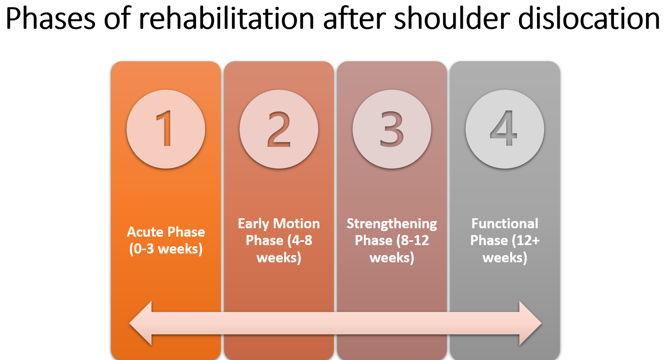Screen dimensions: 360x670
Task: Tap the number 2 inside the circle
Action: pyautogui.click(x=279, y=129)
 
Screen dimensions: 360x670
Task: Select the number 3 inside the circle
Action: pyautogui.click(x=392, y=129)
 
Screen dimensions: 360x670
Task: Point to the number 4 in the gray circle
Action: pyautogui.click(x=504, y=129)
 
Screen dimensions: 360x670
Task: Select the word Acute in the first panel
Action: pyautogui.click(x=145, y=232)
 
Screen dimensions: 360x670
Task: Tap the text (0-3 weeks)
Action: pyautogui.click(x=165, y=249)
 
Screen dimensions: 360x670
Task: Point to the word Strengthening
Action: pyautogui.click(x=392, y=224)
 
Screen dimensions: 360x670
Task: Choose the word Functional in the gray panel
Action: pyautogui.click(x=505, y=223)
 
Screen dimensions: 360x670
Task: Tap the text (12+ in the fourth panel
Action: pyautogui.click(x=525, y=240)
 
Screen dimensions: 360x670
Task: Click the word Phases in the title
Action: pyautogui.click(x=50, y=19)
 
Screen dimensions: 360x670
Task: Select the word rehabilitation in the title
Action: pyautogui.click(x=226, y=19)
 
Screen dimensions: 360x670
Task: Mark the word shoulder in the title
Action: pyautogui.click(x=451, y=19)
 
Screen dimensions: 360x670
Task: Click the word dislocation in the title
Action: pyautogui.click(x=589, y=19)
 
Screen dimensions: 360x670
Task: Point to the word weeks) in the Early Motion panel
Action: pyautogui.click(x=279, y=257)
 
